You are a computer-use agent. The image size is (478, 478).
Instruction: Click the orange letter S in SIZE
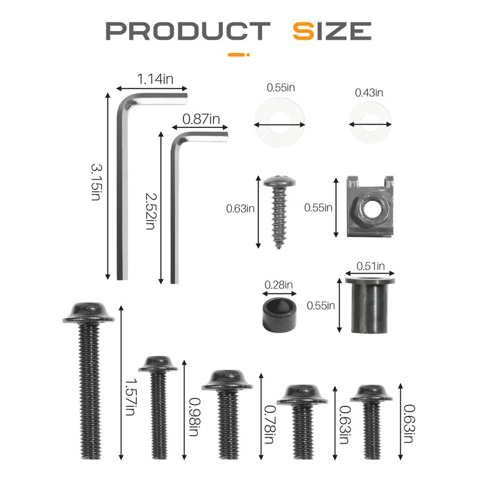(303, 31)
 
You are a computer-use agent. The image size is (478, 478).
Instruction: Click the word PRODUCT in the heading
(188, 31)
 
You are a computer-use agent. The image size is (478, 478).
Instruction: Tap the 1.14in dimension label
(155, 79)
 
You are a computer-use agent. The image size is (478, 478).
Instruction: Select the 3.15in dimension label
(96, 182)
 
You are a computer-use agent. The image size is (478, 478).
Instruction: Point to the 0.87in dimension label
(201, 119)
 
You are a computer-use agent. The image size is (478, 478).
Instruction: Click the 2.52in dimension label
(151, 211)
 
